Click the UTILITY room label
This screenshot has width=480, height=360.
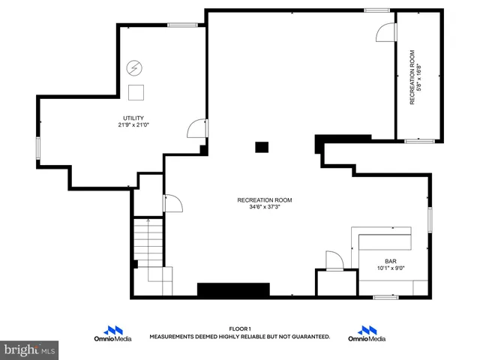point(133,118)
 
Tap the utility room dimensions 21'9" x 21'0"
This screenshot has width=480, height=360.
point(133,125)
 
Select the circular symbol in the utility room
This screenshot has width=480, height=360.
point(135,67)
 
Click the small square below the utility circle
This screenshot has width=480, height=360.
point(136,92)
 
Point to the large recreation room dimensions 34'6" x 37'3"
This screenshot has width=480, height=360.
point(265,208)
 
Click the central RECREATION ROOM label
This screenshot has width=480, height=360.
point(265,200)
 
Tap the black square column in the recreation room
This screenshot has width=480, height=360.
point(261,147)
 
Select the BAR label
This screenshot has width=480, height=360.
point(391,261)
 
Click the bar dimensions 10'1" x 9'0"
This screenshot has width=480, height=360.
point(391,268)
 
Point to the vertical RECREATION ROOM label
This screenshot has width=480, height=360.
point(412,77)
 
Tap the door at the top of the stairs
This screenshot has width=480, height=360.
point(171,203)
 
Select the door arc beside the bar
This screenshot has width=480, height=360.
point(334,259)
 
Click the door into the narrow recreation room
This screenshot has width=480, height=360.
point(385,31)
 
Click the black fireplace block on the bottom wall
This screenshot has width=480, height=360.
point(233,289)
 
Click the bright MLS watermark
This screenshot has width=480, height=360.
point(30,349)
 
